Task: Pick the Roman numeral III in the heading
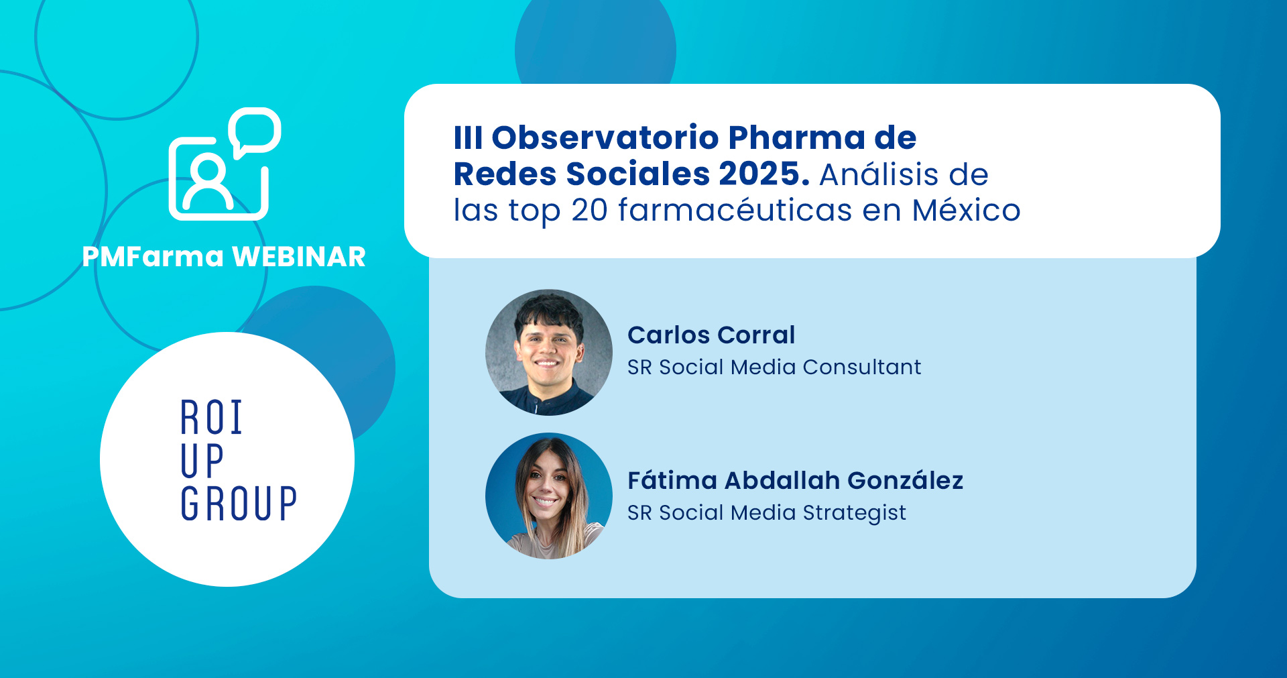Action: pos(468,137)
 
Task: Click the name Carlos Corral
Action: pos(711,335)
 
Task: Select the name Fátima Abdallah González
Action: pos(795,480)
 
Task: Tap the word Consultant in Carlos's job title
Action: pos(862,367)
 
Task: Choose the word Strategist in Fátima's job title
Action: pos(855,513)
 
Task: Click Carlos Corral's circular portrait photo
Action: pos(549,352)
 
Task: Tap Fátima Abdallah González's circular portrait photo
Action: pos(549,496)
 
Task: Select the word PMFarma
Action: pos(153,257)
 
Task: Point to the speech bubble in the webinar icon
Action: pos(254,132)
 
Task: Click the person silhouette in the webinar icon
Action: pos(208,184)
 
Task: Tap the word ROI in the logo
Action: pos(211,417)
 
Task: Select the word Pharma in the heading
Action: pos(796,137)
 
